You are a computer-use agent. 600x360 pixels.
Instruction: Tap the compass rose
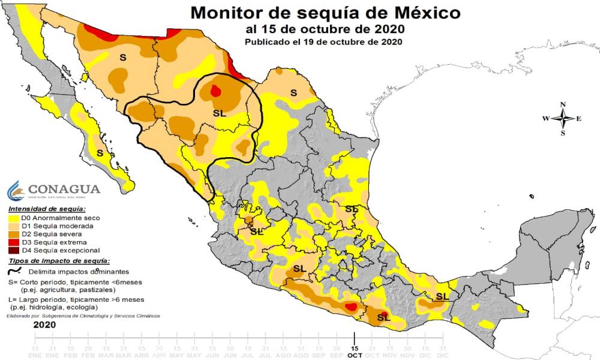point(562,118)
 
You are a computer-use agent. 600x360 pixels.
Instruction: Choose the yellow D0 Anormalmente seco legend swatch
point(15,218)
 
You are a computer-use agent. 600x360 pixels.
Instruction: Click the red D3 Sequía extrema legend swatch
point(15,242)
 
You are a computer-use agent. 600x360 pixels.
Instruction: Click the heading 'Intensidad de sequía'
point(42,209)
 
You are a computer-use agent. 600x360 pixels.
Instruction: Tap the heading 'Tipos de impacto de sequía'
point(59,261)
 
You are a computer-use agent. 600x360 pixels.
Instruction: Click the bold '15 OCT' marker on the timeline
point(355,352)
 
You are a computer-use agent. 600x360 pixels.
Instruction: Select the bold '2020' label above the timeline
point(44,325)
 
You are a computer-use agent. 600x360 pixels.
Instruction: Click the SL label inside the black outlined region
point(220,113)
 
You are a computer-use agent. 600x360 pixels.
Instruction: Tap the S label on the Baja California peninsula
point(100,154)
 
